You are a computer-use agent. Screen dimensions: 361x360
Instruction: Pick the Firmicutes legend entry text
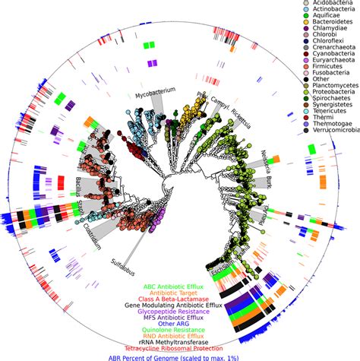tap(313, 104)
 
